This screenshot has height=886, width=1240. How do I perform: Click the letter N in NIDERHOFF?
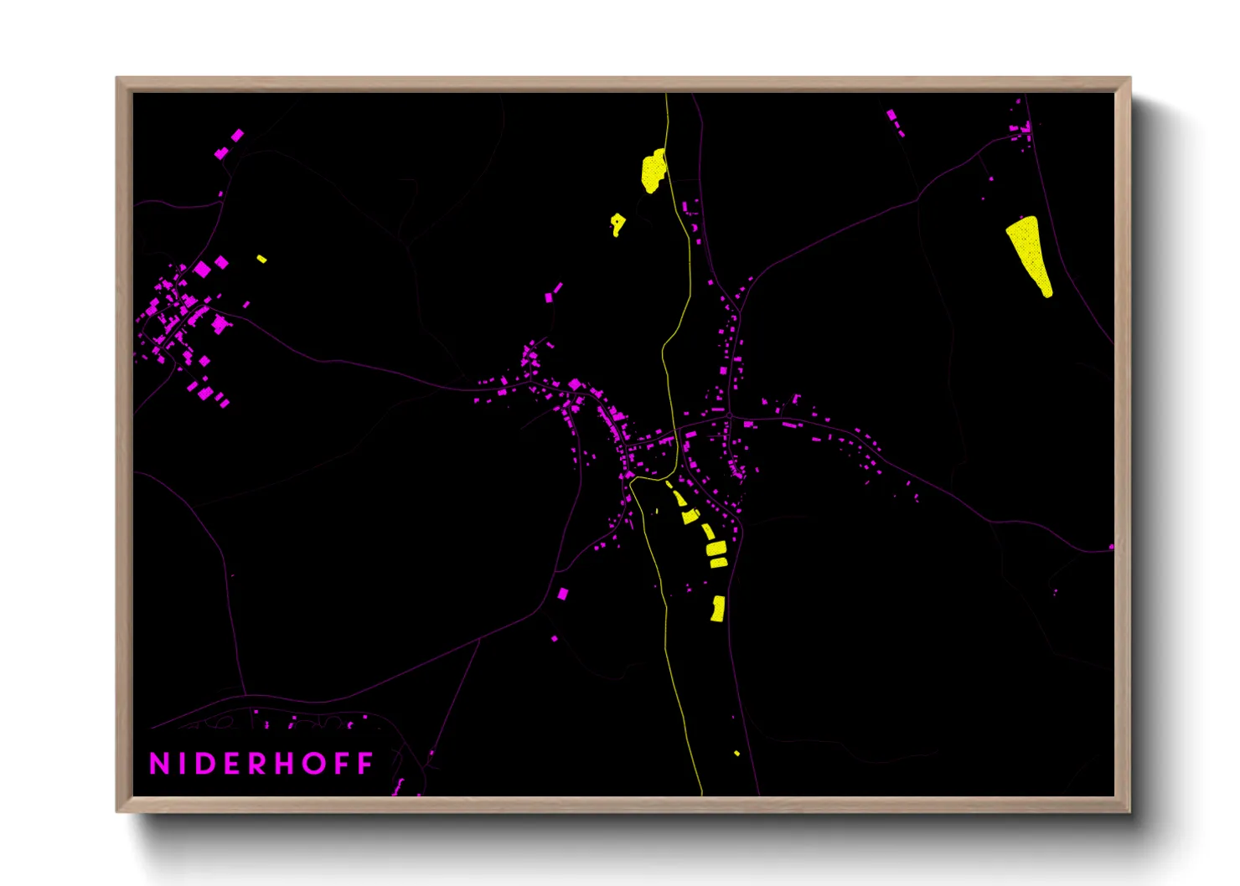[159, 764]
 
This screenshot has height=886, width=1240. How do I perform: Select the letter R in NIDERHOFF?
[258, 764]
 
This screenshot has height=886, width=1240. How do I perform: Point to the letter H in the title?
[285, 764]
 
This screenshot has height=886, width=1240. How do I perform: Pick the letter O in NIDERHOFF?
[314, 764]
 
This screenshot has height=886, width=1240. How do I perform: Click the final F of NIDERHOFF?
[366, 764]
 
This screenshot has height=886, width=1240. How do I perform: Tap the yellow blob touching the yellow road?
[653, 171]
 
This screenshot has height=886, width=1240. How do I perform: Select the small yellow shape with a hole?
[617, 224]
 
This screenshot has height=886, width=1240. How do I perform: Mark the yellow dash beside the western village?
[261, 259]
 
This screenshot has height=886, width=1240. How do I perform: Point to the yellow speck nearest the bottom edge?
[736, 754]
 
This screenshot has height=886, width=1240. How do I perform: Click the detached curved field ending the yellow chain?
[717, 609]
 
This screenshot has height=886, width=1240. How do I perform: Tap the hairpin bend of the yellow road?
[664, 352]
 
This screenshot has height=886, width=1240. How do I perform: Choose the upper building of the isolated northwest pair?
[238, 135]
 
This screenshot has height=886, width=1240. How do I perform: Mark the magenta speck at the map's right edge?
[1111, 547]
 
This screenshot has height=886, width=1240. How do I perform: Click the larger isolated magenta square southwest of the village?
[563, 594]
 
